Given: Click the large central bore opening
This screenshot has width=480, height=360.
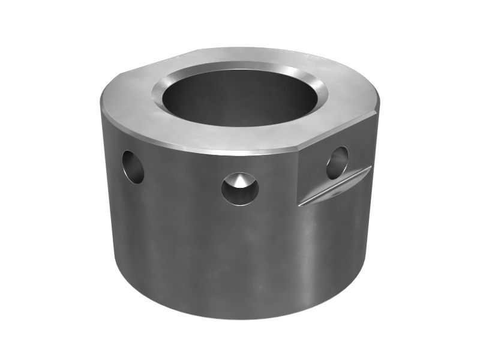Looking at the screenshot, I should click(x=240, y=96).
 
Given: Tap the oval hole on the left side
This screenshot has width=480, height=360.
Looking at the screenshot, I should click(x=133, y=167).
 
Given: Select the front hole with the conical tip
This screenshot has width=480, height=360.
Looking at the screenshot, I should click(x=239, y=188).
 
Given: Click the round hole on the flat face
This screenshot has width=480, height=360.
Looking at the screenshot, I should click(x=337, y=163).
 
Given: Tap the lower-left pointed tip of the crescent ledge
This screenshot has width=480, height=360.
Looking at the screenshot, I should click(x=301, y=205).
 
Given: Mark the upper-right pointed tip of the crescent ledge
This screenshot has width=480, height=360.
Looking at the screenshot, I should click(x=370, y=168).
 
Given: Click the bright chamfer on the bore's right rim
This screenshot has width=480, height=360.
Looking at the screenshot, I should click(x=320, y=90).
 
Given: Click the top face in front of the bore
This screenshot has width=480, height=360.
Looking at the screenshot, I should click(x=234, y=138).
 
